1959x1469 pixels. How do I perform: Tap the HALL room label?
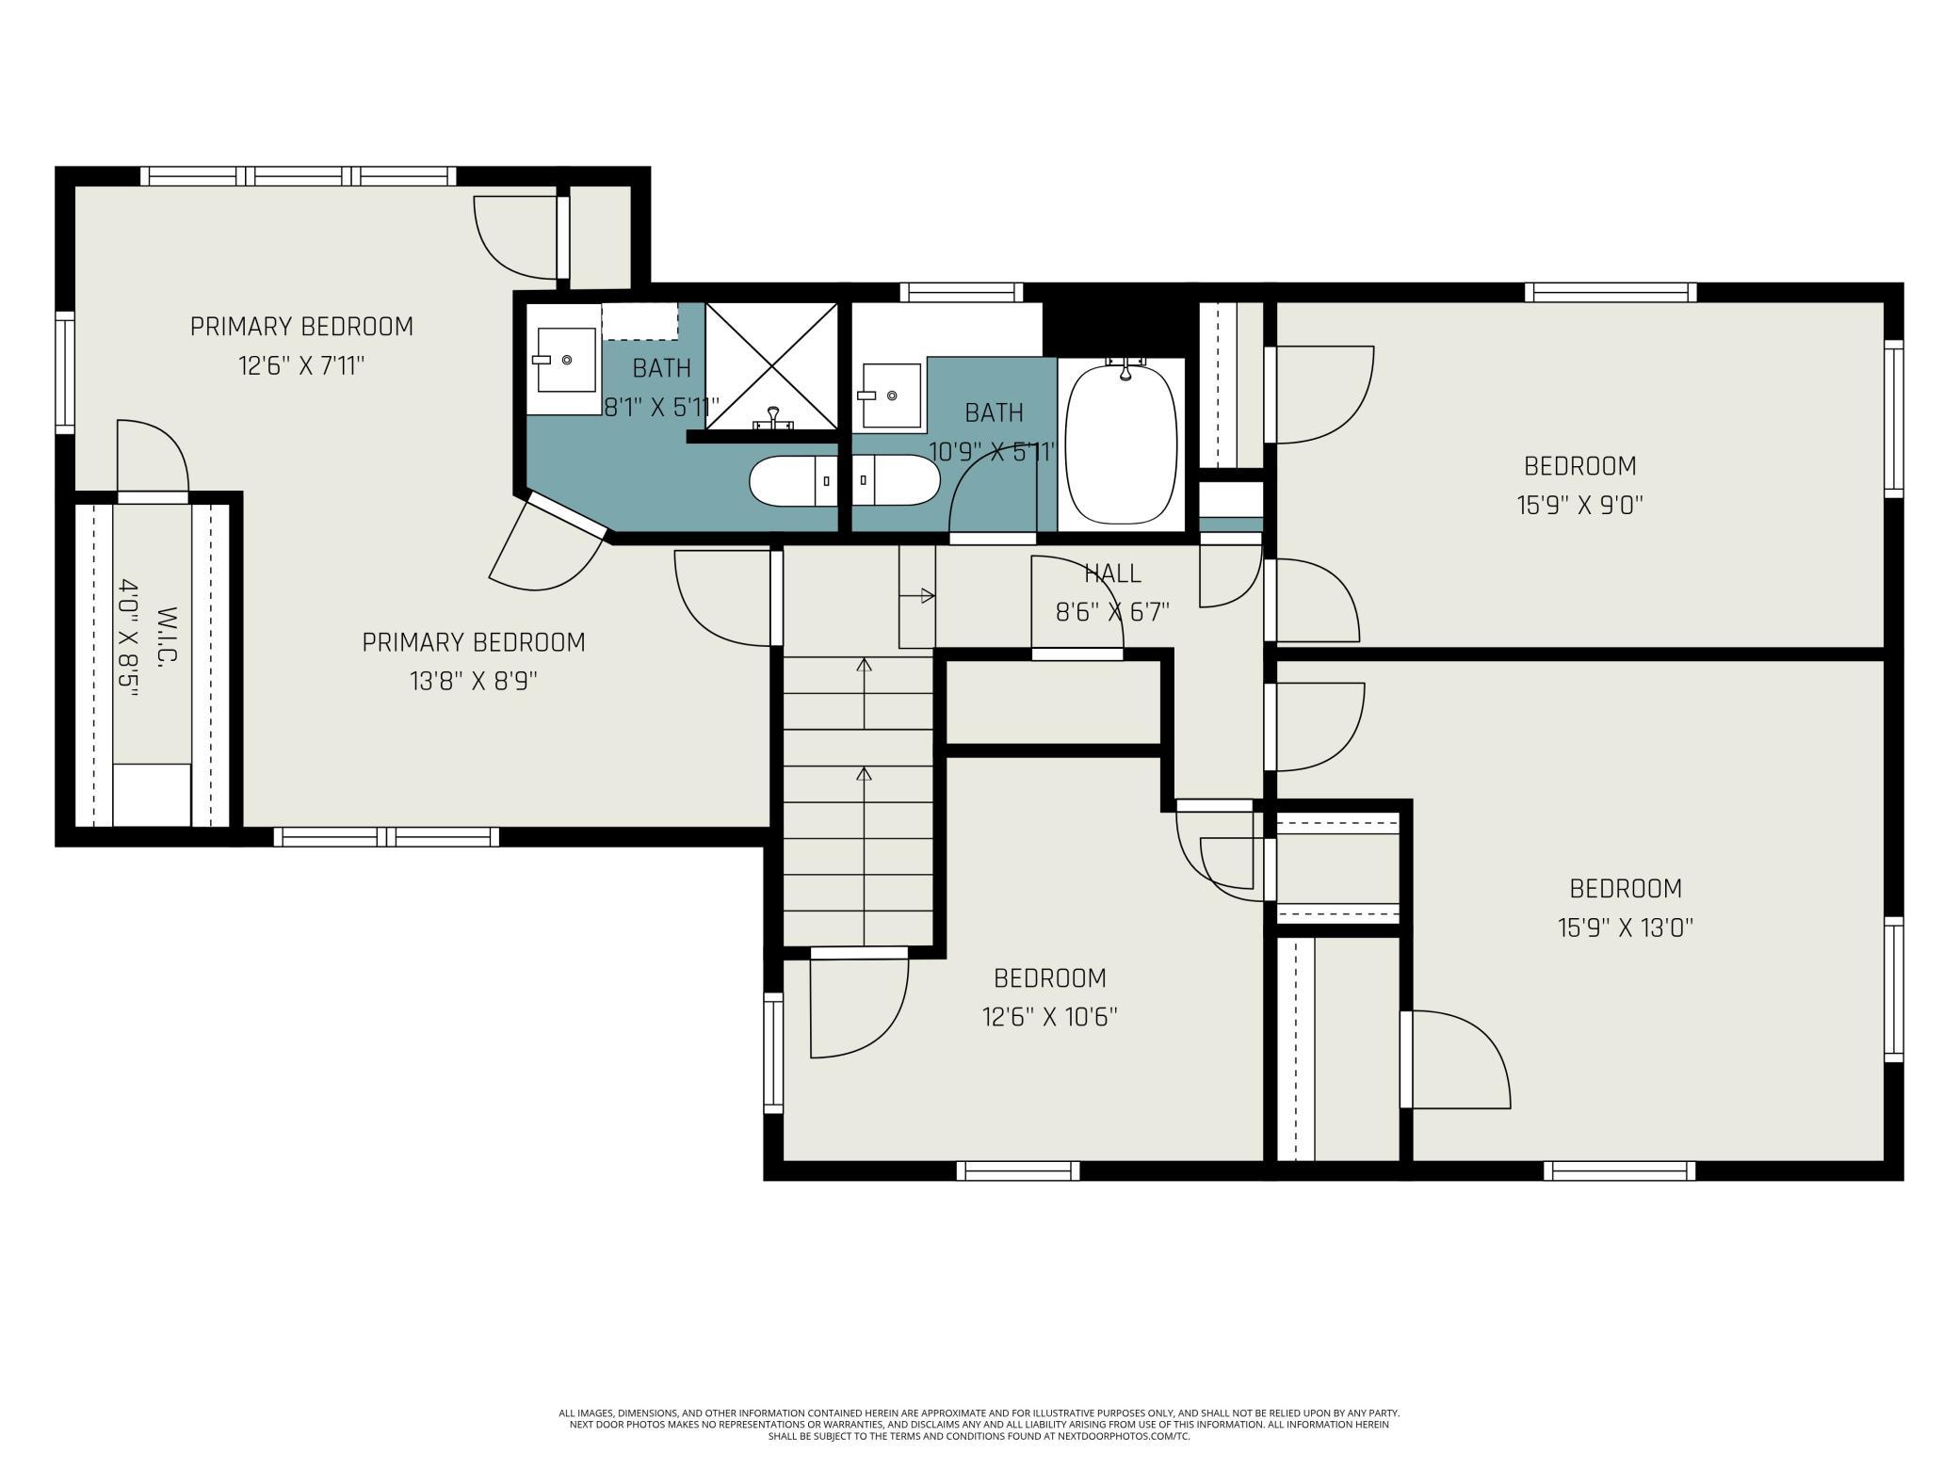1112,573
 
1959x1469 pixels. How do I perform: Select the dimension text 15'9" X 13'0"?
1626,928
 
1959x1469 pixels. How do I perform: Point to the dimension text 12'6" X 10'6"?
1050,1017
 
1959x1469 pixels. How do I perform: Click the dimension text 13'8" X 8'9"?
474,681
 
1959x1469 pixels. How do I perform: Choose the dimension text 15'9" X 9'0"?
1579,506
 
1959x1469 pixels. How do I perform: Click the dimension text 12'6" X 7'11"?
301,365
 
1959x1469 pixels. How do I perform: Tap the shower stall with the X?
771,365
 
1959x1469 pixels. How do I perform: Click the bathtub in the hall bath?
1121,444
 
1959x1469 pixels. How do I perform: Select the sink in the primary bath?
565,359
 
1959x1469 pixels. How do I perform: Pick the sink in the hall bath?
890,395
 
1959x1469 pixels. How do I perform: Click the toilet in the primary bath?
794,480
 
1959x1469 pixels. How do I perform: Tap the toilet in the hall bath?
896,480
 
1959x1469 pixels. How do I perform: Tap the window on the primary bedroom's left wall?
65,373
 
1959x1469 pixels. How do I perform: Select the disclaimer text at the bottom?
979,1425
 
